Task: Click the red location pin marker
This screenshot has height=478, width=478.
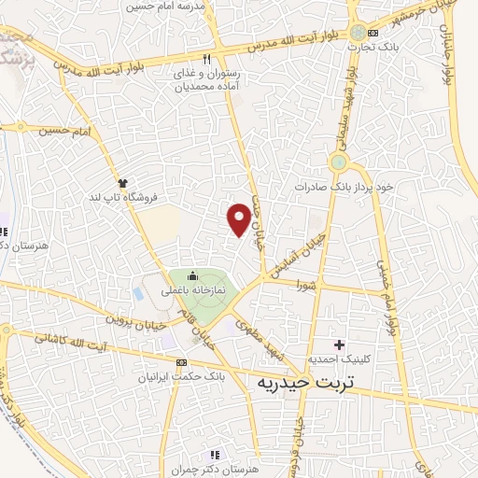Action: click(x=240, y=219)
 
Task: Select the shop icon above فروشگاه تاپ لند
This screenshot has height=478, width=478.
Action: click(x=121, y=182)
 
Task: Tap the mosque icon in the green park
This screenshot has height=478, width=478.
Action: click(x=192, y=275)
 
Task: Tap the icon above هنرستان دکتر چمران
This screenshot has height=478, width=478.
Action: click(x=217, y=454)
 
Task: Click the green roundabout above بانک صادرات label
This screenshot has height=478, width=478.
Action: click(x=338, y=163)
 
